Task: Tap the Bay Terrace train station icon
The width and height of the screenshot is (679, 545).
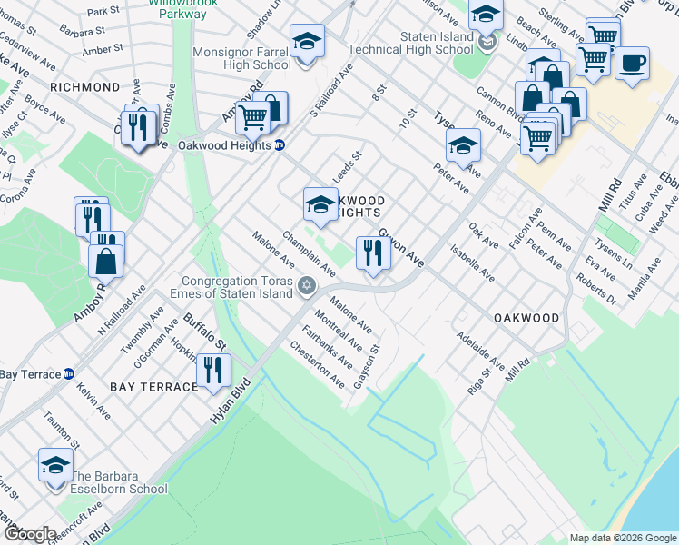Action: [x=69, y=373]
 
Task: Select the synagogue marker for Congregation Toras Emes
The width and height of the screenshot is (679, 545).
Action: [x=307, y=287]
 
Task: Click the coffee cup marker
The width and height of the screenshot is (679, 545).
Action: [x=632, y=64]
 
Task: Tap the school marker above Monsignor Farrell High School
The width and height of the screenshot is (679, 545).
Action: [x=307, y=42]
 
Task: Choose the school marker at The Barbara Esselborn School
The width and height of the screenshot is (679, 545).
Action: [x=55, y=466]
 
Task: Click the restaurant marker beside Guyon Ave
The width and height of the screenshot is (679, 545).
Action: [x=373, y=253]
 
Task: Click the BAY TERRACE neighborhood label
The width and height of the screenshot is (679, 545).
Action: [x=154, y=387]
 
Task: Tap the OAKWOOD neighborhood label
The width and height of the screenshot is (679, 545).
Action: [x=526, y=318]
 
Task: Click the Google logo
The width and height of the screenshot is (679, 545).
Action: [x=30, y=534]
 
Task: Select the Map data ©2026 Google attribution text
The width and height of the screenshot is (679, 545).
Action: [x=623, y=538]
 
